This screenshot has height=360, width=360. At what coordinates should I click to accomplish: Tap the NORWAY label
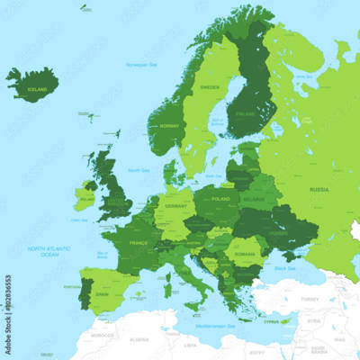tap(166, 126)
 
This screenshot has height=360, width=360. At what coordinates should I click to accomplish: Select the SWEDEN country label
tap(209, 87)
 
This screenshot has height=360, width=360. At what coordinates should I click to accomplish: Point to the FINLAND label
tap(243, 114)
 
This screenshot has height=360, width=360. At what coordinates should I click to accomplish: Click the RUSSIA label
tap(319, 190)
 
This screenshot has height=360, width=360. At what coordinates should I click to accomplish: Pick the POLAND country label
tap(220, 198)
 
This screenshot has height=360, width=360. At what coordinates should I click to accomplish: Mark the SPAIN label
tap(101, 294)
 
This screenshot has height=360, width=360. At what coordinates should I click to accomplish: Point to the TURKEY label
tap(310, 300)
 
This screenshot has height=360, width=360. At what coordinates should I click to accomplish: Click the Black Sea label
tap(285, 267)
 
